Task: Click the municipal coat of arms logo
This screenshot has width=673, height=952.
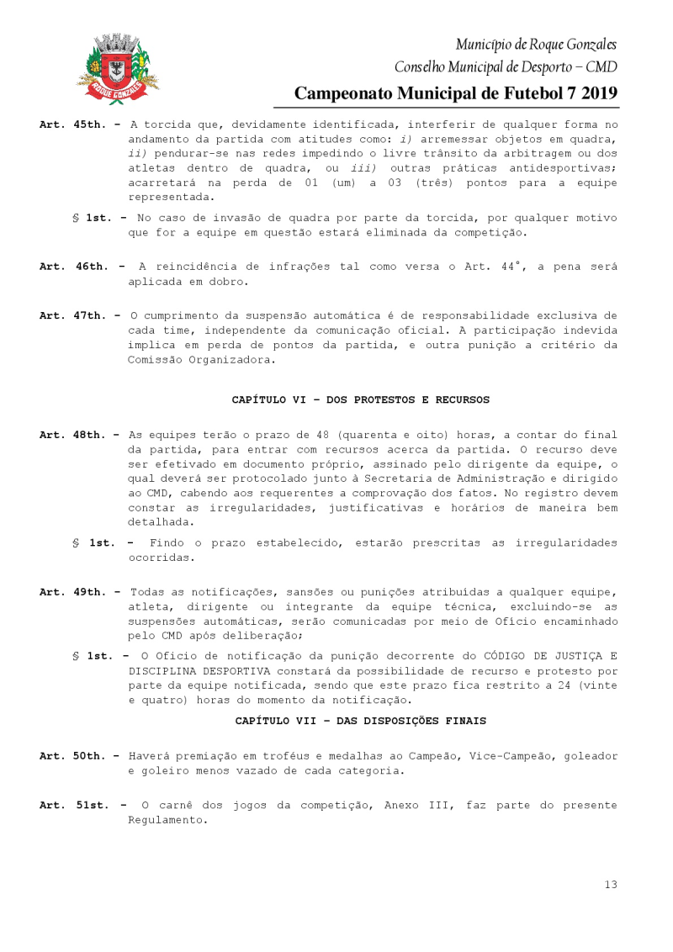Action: pyautogui.click(x=118, y=69)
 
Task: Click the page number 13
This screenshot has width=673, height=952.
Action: pyautogui.click(x=611, y=884)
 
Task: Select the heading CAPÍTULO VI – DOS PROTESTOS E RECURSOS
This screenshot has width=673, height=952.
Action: pyautogui.click(x=361, y=399)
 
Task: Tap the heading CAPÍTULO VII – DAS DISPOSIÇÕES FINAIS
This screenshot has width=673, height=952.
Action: pyautogui.click(x=361, y=721)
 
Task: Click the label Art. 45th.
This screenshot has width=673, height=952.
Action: pyautogui.click(x=73, y=124)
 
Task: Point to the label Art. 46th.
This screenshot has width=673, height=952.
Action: pyautogui.click(x=73, y=267)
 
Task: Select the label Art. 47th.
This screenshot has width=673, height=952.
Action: pyautogui.click(x=73, y=315)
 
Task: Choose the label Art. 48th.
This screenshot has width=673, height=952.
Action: pyautogui.click(x=73, y=435)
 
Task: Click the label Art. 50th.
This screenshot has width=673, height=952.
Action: pyautogui.click(x=73, y=756)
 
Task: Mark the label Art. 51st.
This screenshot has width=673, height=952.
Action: pyautogui.click(x=73, y=806)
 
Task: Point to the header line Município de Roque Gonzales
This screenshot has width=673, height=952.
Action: pyautogui.click(x=536, y=44)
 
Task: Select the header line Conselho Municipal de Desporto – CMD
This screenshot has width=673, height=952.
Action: pyautogui.click(x=506, y=66)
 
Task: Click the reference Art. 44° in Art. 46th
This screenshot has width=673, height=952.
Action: pyautogui.click(x=496, y=267)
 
